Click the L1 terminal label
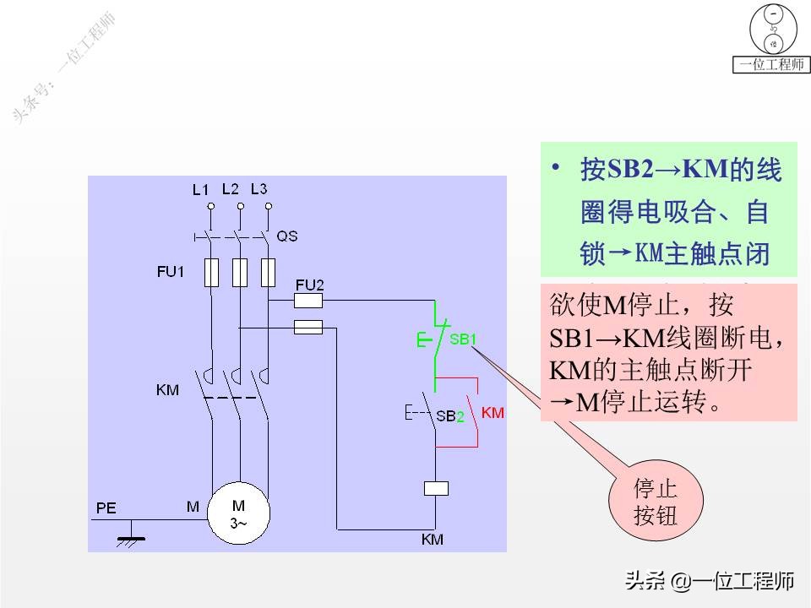tap(199, 190)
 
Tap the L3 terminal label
tap(259, 188)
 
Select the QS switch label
tap(287, 236)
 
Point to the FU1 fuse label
tap(170, 272)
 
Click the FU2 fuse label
tap(309, 284)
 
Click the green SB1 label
tap(463, 339)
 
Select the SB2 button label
tap(450, 415)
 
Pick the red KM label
tap(493, 413)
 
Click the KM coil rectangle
tap(435, 488)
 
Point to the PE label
tap(106, 508)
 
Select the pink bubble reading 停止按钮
tap(656, 502)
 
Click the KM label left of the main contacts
tap(168, 390)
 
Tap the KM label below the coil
tap(432, 539)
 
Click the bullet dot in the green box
tap(556, 167)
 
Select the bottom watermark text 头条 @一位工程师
tap(709, 581)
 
